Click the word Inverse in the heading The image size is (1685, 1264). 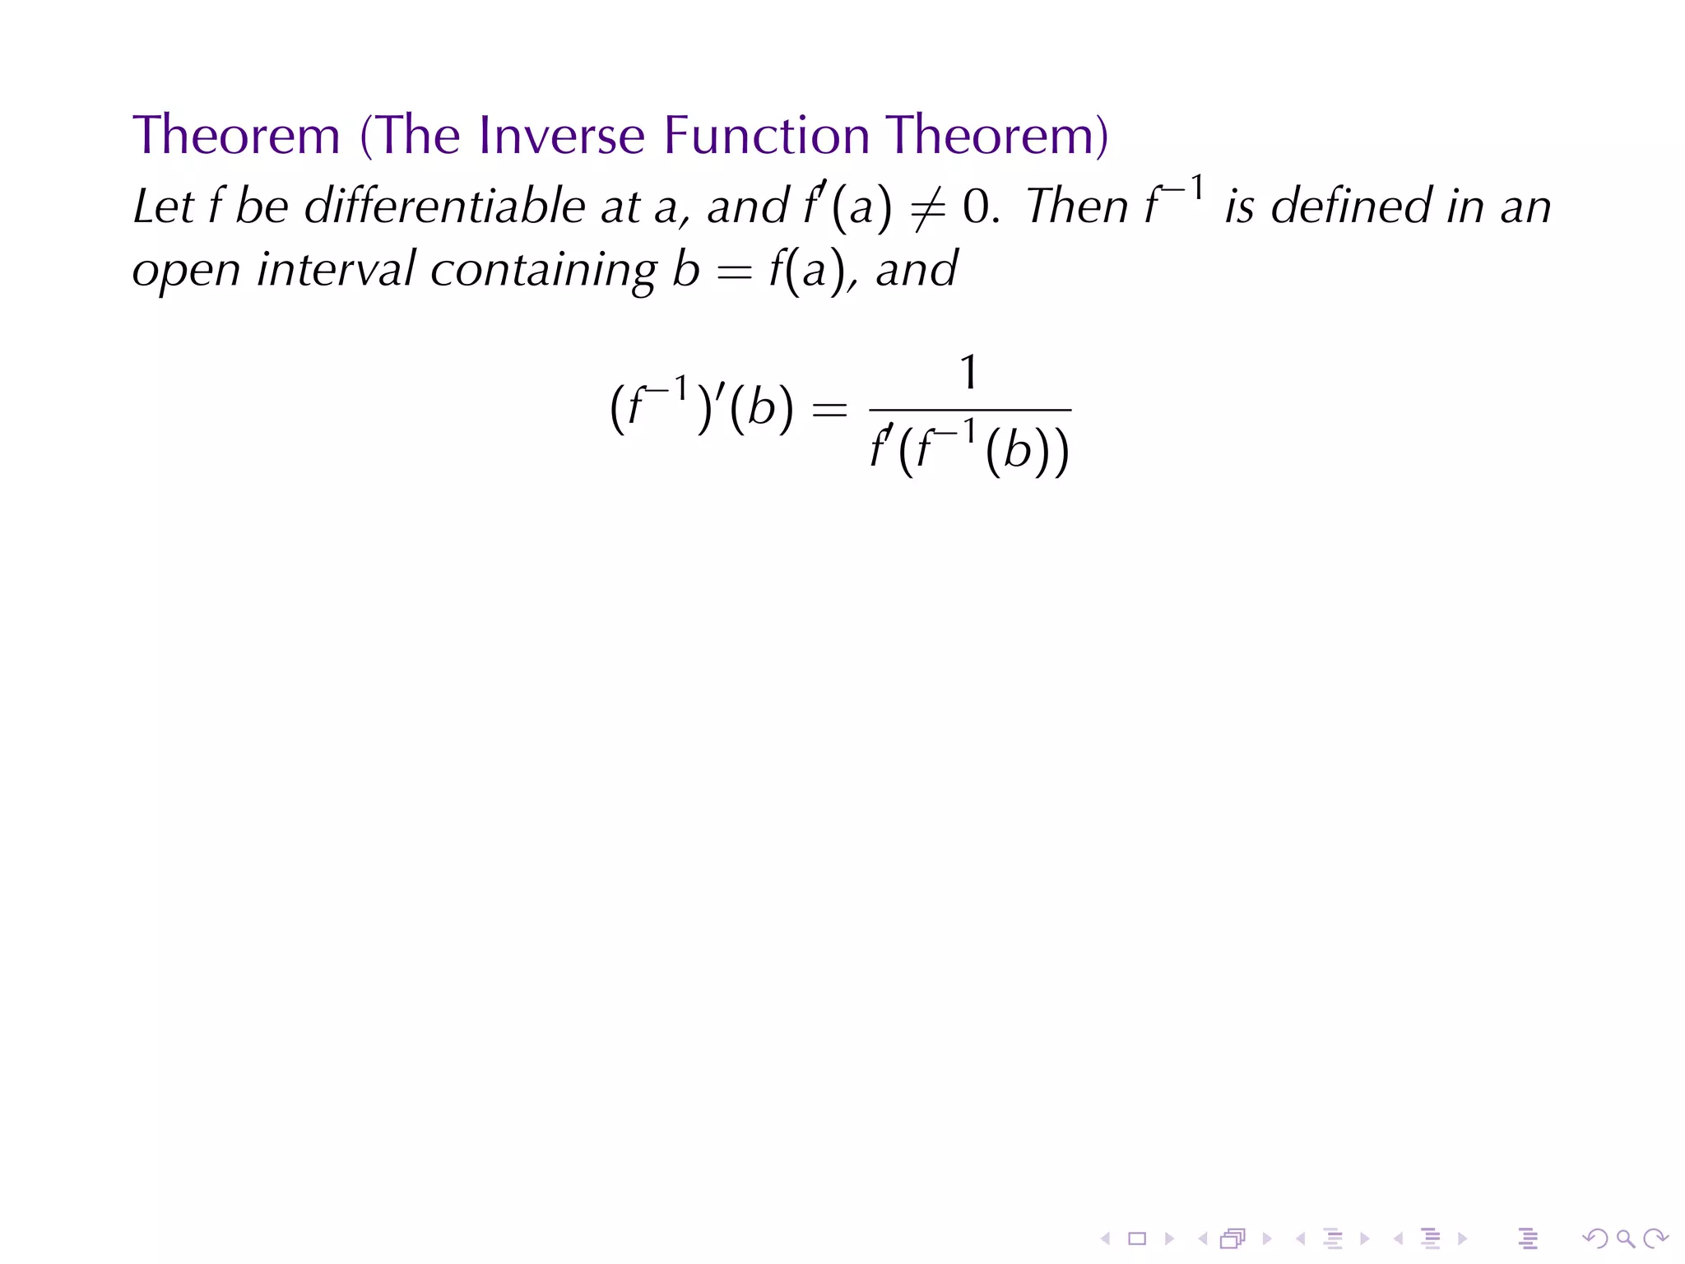click(561, 135)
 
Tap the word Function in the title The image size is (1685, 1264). click(766, 135)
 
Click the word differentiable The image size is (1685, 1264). click(444, 206)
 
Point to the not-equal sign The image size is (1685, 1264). click(927, 207)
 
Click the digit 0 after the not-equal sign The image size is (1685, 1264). click(977, 207)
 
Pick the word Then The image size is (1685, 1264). click(1077, 206)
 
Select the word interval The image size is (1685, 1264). click(337, 270)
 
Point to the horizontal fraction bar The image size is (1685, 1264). click(970, 410)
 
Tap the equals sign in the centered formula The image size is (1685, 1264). click(829, 409)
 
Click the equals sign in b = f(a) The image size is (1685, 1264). click(734, 272)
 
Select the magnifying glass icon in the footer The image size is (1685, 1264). click(1625, 1238)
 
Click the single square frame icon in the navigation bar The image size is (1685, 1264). click(1137, 1238)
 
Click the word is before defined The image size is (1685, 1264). click(1239, 206)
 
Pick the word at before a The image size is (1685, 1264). click(620, 206)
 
